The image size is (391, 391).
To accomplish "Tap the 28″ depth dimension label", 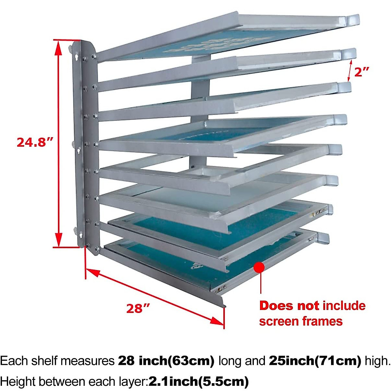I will coord(138,308).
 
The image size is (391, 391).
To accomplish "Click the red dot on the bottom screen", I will coord(259,267).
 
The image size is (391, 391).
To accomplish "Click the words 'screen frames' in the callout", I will coord(301,321).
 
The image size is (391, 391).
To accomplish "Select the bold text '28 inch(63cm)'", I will coord(166,361).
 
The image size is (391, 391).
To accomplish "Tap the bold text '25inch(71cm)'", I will coord(315,361).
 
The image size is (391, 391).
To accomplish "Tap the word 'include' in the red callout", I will coord(344,306).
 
